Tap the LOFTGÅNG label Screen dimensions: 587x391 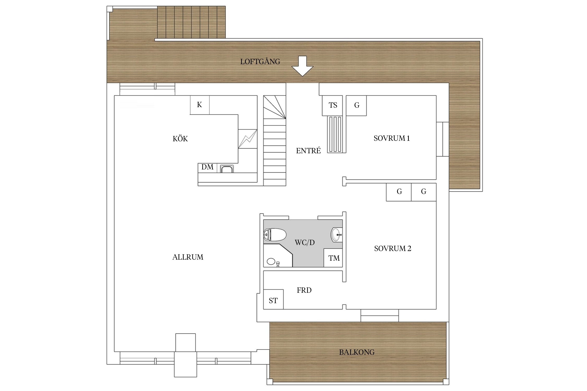tap(260, 61)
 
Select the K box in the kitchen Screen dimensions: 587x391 tap(200, 105)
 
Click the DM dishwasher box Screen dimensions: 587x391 tap(207, 167)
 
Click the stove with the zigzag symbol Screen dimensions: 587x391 tap(248, 139)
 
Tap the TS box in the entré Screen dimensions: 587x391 tap(333, 105)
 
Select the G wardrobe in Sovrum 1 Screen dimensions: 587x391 tap(356, 105)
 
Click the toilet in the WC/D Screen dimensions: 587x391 tap(275, 235)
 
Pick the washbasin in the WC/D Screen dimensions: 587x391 tap(337, 235)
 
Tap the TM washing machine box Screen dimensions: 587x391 tap(333, 258)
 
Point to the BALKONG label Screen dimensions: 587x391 tap(357, 352)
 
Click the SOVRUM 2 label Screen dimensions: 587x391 tap(393, 248)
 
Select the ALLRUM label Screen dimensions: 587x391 tap(188, 257)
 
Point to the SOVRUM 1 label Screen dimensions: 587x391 tap(392, 138)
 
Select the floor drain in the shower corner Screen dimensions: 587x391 tap(271, 261)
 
